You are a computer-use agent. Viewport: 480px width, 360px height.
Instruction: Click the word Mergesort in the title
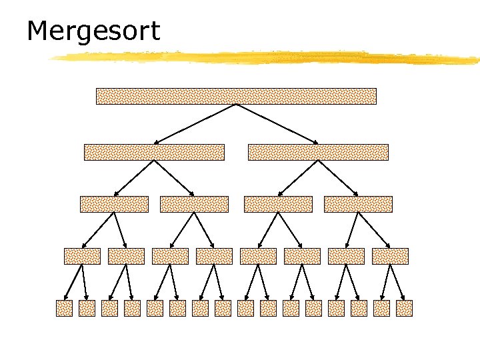[x=93, y=31]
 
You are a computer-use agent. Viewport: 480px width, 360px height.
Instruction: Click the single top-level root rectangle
[x=236, y=96]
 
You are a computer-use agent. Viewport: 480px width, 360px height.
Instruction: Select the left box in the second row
[x=154, y=153]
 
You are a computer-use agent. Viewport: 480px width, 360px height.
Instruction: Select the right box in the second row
[x=318, y=153]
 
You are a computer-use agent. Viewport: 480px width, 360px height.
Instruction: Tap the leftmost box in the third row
[x=114, y=204]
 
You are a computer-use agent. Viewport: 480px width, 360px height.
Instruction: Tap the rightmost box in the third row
[x=358, y=204]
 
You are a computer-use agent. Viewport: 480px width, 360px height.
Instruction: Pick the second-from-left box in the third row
[x=194, y=204]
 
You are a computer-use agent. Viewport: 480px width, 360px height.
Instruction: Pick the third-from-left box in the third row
[x=278, y=204]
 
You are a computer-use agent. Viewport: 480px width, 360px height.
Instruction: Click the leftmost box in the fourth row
[x=82, y=256]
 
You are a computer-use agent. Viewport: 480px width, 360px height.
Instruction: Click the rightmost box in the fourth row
[x=390, y=256]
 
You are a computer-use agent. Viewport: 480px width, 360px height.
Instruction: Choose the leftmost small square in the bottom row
[x=64, y=308]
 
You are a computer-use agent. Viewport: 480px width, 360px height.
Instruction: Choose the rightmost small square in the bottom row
[x=404, y=308]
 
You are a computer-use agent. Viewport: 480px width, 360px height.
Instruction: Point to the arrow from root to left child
[x=195, y=124]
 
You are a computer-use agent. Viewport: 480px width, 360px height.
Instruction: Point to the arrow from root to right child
[x=277, y=124]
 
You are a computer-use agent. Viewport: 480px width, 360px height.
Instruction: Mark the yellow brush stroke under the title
[x=267, y=57]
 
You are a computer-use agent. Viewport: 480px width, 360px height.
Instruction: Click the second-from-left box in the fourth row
[x=126, y=256]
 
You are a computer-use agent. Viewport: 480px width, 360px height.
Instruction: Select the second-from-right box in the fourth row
[x=346, y=256]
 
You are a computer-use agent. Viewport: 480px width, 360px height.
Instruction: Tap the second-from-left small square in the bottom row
[x=87, y=308]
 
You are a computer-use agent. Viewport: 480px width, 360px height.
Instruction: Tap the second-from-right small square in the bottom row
[x=381, y=308]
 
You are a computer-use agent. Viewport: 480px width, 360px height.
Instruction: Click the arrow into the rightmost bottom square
[x=398, y=282]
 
